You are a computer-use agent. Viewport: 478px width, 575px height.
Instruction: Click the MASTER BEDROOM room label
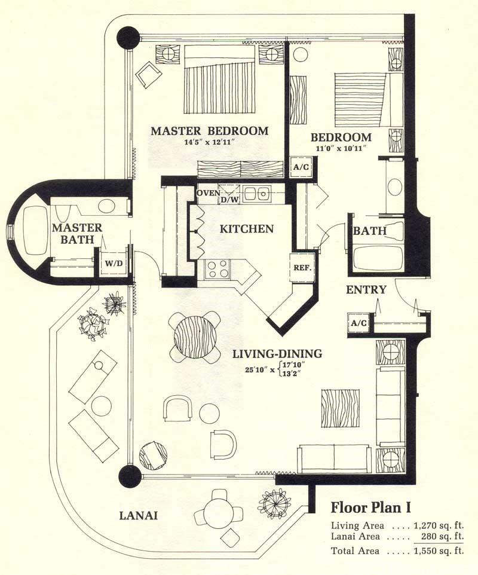(209, 131)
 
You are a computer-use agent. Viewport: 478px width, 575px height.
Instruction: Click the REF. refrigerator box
(301, 267)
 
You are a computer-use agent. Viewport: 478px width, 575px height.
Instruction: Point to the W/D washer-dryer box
(112, 263)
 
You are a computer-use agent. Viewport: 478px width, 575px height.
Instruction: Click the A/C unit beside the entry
(358, 323)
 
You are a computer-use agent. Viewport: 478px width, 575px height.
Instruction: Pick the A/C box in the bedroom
(300, 167)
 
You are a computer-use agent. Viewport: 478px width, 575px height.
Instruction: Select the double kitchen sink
(258, 194)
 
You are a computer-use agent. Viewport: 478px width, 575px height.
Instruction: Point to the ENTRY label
(366, 290)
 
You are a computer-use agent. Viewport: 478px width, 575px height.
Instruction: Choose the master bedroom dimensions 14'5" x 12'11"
(209, 143)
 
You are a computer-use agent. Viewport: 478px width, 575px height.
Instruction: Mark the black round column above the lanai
(129, 476)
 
